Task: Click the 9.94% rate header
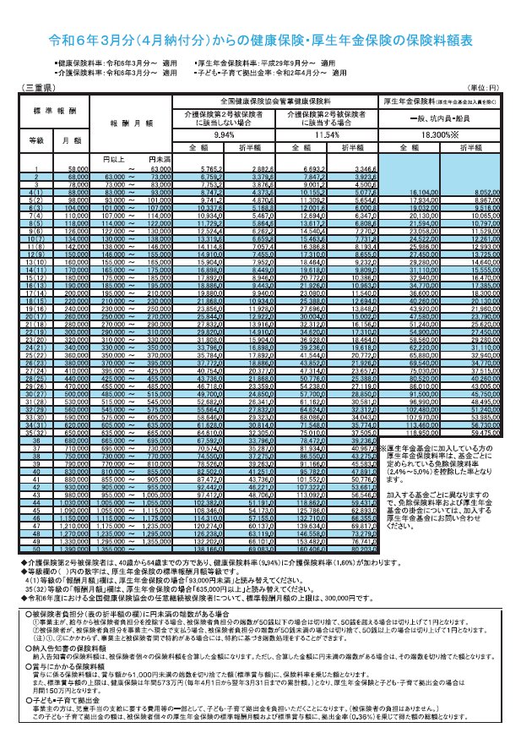click(x=224, y=135)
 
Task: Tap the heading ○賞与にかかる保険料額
click(x=76, y=667)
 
